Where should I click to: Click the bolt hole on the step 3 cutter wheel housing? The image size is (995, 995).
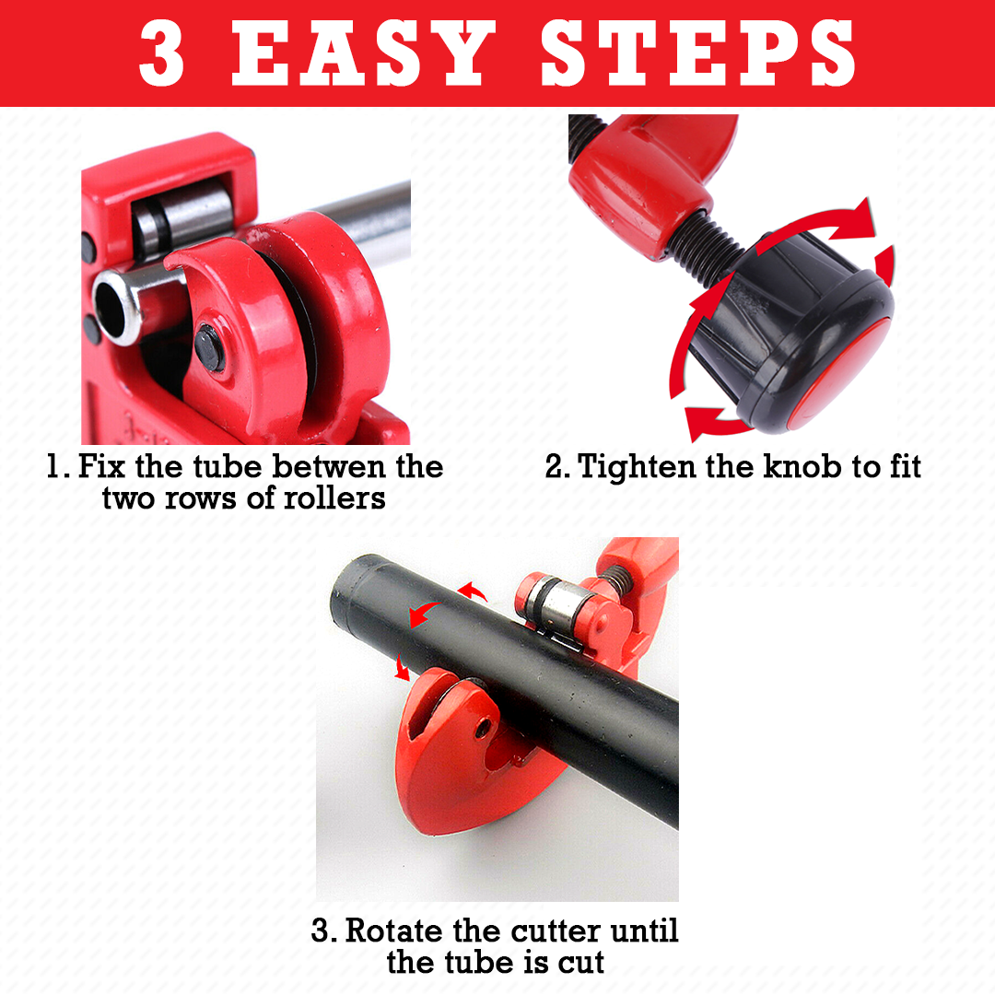point(482,729)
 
